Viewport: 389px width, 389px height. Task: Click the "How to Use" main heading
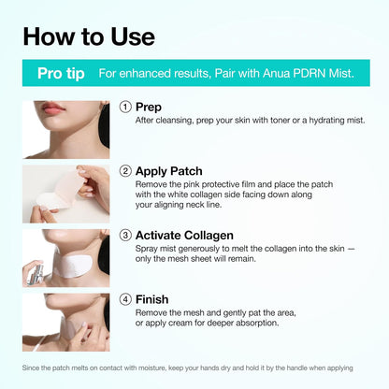90,36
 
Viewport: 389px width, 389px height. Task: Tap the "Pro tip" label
57,73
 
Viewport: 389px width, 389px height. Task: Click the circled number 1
125,108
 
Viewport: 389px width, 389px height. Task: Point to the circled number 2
125,171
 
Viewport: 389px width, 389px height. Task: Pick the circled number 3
125,236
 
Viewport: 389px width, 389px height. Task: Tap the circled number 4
125,300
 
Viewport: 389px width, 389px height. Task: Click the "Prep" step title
149,108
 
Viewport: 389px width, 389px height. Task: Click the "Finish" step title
152,300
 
